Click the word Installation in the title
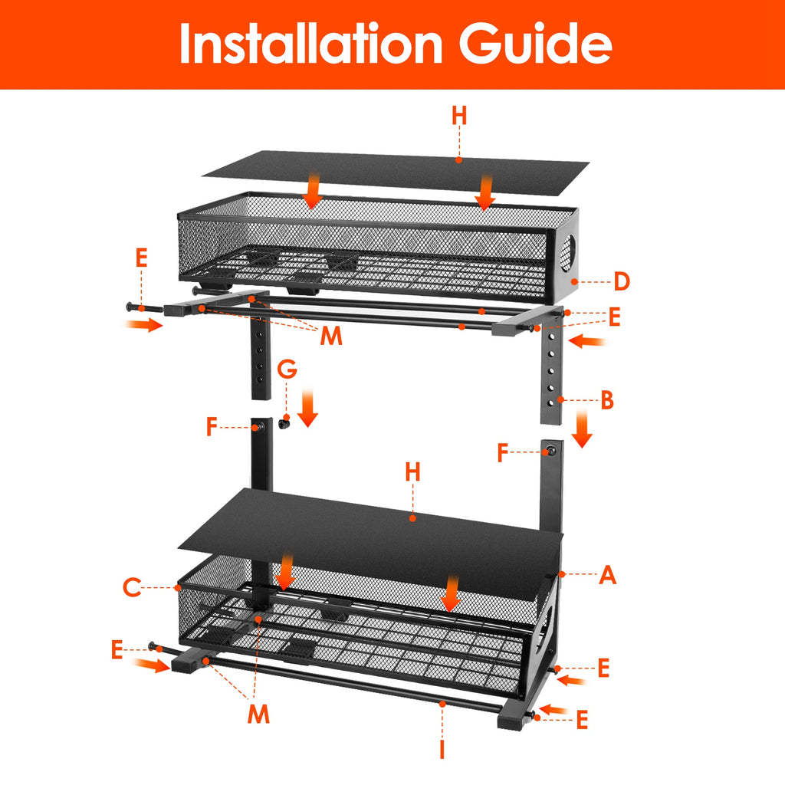(311, 44)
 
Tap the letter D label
(621, 281)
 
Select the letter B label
(606, 399)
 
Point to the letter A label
(607, 574)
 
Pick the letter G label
(287, 370)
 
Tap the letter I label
(442, 747)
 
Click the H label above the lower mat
(413, 472)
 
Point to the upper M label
(331, 336)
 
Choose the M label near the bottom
(258, 714)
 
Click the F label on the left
(213, 427)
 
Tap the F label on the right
(504, 453)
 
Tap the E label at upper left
(141, 258)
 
